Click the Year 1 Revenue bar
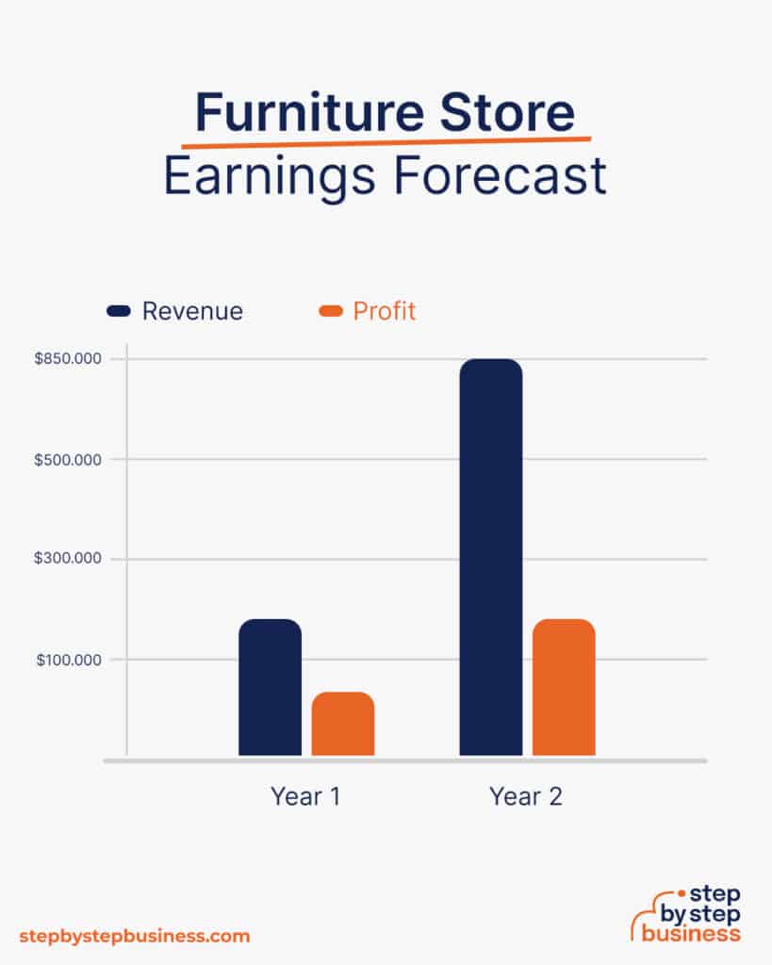point(270,687)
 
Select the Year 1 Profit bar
point(343,724)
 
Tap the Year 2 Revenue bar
point(490,557)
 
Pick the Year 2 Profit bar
point(564,687)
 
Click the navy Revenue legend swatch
point(119,311)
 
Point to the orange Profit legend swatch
point(330,311)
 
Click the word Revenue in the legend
point(192,311)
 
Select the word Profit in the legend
point(384,311)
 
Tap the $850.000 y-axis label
point(69,359)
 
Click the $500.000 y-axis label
point(69,460)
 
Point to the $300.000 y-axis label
point(69,559)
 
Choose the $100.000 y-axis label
point(69,660)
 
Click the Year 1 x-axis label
point(305,796)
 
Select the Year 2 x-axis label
point(526,796)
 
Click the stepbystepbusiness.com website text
point(135,936)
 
